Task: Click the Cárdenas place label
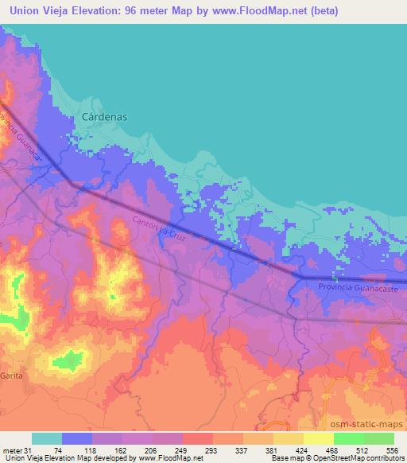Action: click(x=105, y=116)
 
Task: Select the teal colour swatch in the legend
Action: click(x=47, y=438)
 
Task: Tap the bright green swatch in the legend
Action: click(x=348, y=438)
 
